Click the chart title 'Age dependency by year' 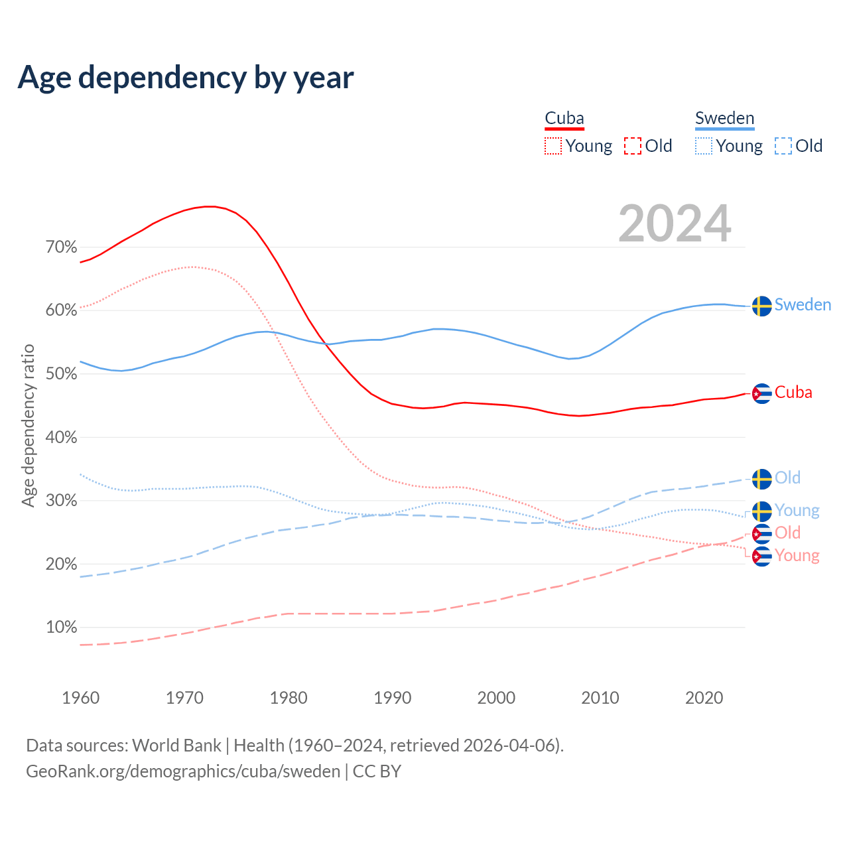186,78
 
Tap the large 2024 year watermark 675,224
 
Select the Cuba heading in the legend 564,119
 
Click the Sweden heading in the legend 724,119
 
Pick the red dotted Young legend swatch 553,146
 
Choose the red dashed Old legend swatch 633,146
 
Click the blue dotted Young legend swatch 704,146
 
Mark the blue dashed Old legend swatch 783,146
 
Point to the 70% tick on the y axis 61,247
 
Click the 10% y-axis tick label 61,627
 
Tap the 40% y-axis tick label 61,438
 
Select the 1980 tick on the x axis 289,698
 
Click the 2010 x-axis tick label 600,698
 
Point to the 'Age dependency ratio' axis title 28,425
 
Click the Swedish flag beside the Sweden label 762,306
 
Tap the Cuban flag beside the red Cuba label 762,393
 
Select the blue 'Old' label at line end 787,478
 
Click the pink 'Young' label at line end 797,555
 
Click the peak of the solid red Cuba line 210,206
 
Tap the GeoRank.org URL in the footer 183,771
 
